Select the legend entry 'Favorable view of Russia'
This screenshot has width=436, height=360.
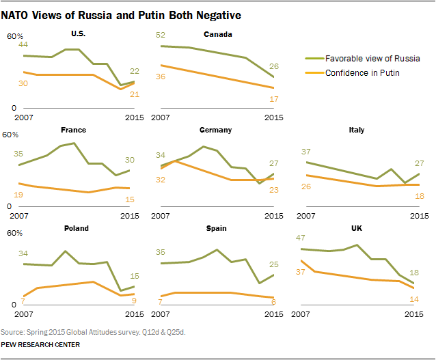372,59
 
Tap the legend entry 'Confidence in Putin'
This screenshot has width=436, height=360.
362,72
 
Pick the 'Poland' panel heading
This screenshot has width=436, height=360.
75,228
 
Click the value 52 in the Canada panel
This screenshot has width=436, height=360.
161,34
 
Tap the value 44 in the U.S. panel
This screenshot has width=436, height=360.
23,44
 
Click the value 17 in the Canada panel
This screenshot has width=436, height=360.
273,99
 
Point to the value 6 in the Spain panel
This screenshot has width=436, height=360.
273,301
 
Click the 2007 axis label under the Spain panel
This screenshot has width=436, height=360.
161,314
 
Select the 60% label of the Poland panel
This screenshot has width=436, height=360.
13,233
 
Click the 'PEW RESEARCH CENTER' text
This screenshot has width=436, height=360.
40,346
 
